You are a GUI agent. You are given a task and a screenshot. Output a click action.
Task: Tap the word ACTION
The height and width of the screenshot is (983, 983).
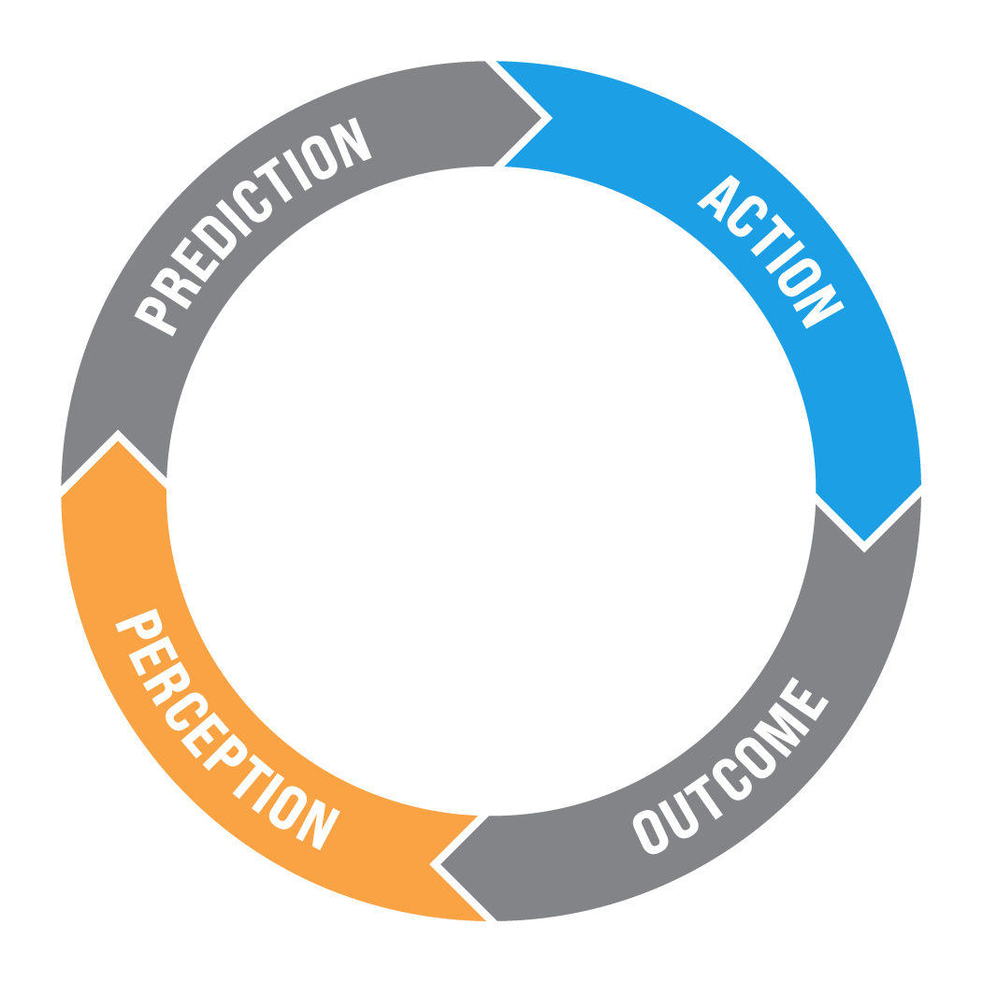[771, 252]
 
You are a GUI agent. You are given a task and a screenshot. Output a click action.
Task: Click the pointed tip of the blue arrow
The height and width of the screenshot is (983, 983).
[864, 542]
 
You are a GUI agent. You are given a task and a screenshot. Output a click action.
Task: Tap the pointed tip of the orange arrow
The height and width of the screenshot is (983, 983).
[430, 864]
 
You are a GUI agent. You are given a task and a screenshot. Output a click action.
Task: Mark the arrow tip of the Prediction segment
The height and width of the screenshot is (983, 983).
[542, 118]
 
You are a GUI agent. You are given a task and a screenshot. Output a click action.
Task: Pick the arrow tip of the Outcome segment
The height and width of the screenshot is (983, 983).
[441, 864]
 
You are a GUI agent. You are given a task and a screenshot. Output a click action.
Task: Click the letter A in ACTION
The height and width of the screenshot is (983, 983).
[719, 197]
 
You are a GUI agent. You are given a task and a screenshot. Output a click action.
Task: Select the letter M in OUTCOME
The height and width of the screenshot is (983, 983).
[781, 730]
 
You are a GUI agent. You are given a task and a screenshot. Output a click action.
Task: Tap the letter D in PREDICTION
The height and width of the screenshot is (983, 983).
[213, 239]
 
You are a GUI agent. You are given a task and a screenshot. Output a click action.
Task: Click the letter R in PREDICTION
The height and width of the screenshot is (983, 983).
[176, 288]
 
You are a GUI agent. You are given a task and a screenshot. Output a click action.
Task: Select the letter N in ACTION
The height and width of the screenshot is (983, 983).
[818, 307]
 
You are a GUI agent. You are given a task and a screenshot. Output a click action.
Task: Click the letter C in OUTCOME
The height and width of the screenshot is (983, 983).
[732, 779]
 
